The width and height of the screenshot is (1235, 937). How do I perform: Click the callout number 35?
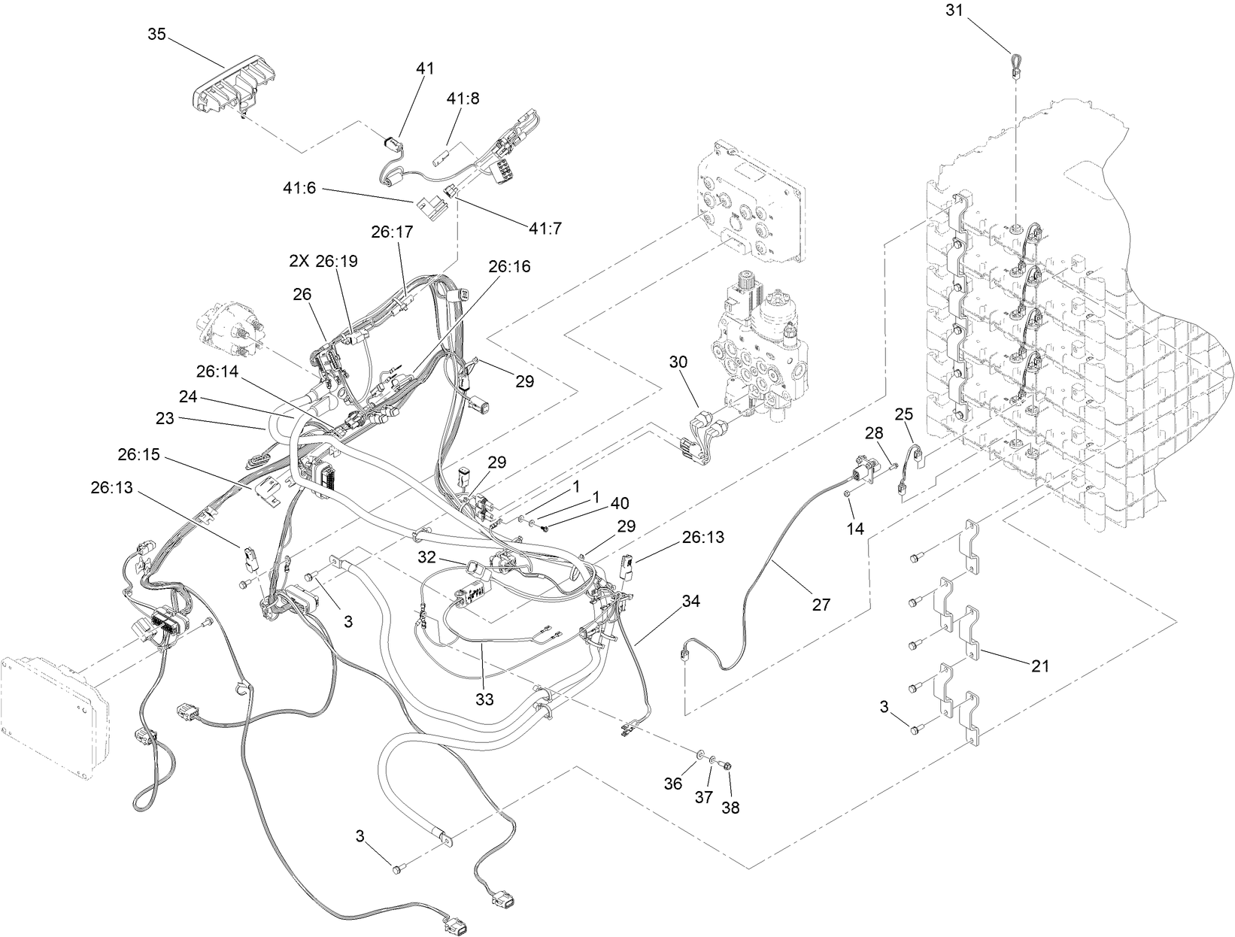pos(156,35)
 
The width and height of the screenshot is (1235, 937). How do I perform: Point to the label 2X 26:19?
pos(323,261)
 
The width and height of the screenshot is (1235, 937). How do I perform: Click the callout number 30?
pos(678,362)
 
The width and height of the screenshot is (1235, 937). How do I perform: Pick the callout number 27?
pos(821,603)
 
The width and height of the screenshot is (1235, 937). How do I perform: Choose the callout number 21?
pos(1040,665)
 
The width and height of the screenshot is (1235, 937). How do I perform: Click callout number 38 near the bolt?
pos(730,808)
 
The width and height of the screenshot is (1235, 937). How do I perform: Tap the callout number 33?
pos(484,699)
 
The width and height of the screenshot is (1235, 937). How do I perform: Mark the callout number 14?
pos(855,529)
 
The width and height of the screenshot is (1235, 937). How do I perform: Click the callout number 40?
pos(620,502)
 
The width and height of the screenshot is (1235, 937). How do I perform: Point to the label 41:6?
pos(299,190)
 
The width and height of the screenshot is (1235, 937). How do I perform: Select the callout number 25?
pos(903,414)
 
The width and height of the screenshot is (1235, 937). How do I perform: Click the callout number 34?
pos(691,601)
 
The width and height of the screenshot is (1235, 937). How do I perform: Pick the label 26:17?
pos(392,232)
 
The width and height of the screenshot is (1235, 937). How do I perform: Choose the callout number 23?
pos(165,419)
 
